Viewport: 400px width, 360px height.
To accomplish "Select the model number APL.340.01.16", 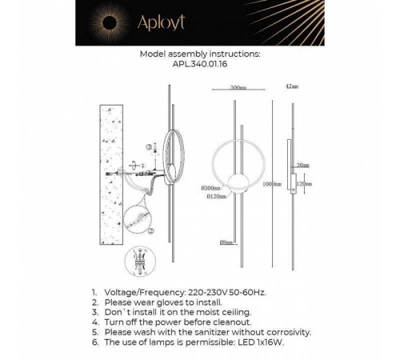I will [199, 67].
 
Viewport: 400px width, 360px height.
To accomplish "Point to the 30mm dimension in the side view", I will [302, 165].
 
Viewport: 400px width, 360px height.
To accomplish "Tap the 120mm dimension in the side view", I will [303, 183].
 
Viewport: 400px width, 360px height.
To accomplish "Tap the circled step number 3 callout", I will [150, 147].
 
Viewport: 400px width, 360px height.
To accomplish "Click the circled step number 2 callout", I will [150, 230].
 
